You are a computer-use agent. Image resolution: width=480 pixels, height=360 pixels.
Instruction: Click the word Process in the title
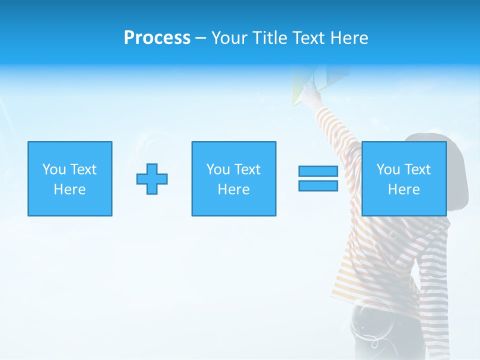click(157, 38)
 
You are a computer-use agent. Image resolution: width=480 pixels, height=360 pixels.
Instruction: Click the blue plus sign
click(152, 179)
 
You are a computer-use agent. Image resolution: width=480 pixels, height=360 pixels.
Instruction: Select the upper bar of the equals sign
click(318, 171)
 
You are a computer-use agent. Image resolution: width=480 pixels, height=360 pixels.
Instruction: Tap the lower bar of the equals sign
click(318, 186)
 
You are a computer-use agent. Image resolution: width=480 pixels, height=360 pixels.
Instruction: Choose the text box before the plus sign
click(70, 178)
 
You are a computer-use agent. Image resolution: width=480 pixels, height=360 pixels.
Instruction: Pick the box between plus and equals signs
click(233, 178)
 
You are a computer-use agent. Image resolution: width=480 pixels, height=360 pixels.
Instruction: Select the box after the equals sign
click(404, 178)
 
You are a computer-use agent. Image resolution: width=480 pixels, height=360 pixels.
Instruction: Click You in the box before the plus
click(53, 169)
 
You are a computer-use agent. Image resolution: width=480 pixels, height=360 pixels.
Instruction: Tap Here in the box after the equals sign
click(403, 189)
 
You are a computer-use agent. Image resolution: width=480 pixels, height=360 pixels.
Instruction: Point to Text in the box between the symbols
click(247, 169)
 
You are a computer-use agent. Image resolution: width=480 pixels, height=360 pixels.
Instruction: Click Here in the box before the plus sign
click(69, 189)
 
